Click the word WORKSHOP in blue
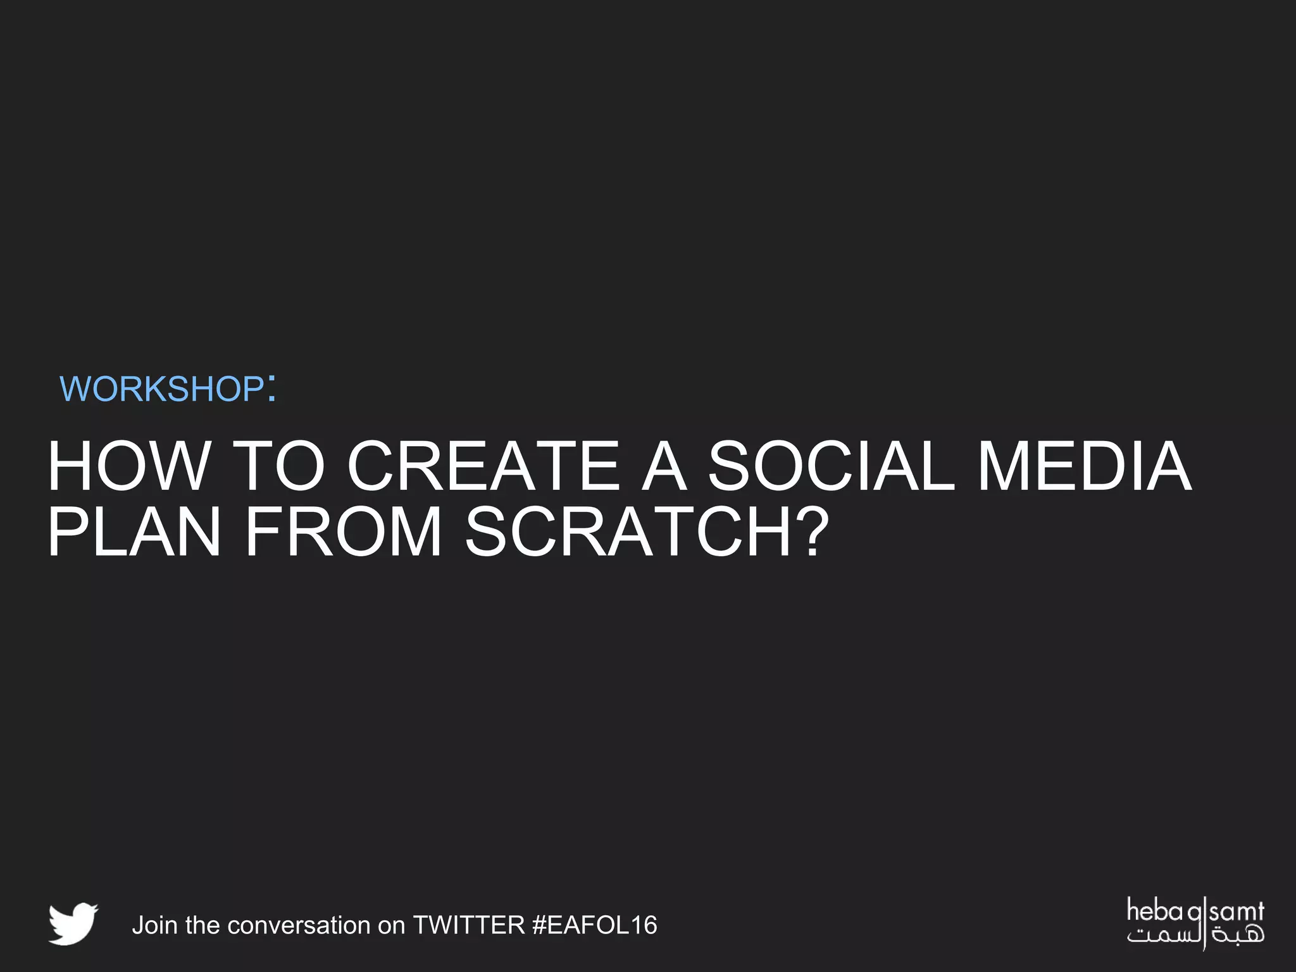(161, 389)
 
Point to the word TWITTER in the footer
(469, 925)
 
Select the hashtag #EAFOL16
(595, 925)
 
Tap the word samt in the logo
(1237, 912)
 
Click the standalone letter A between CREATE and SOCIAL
(664, 466)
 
